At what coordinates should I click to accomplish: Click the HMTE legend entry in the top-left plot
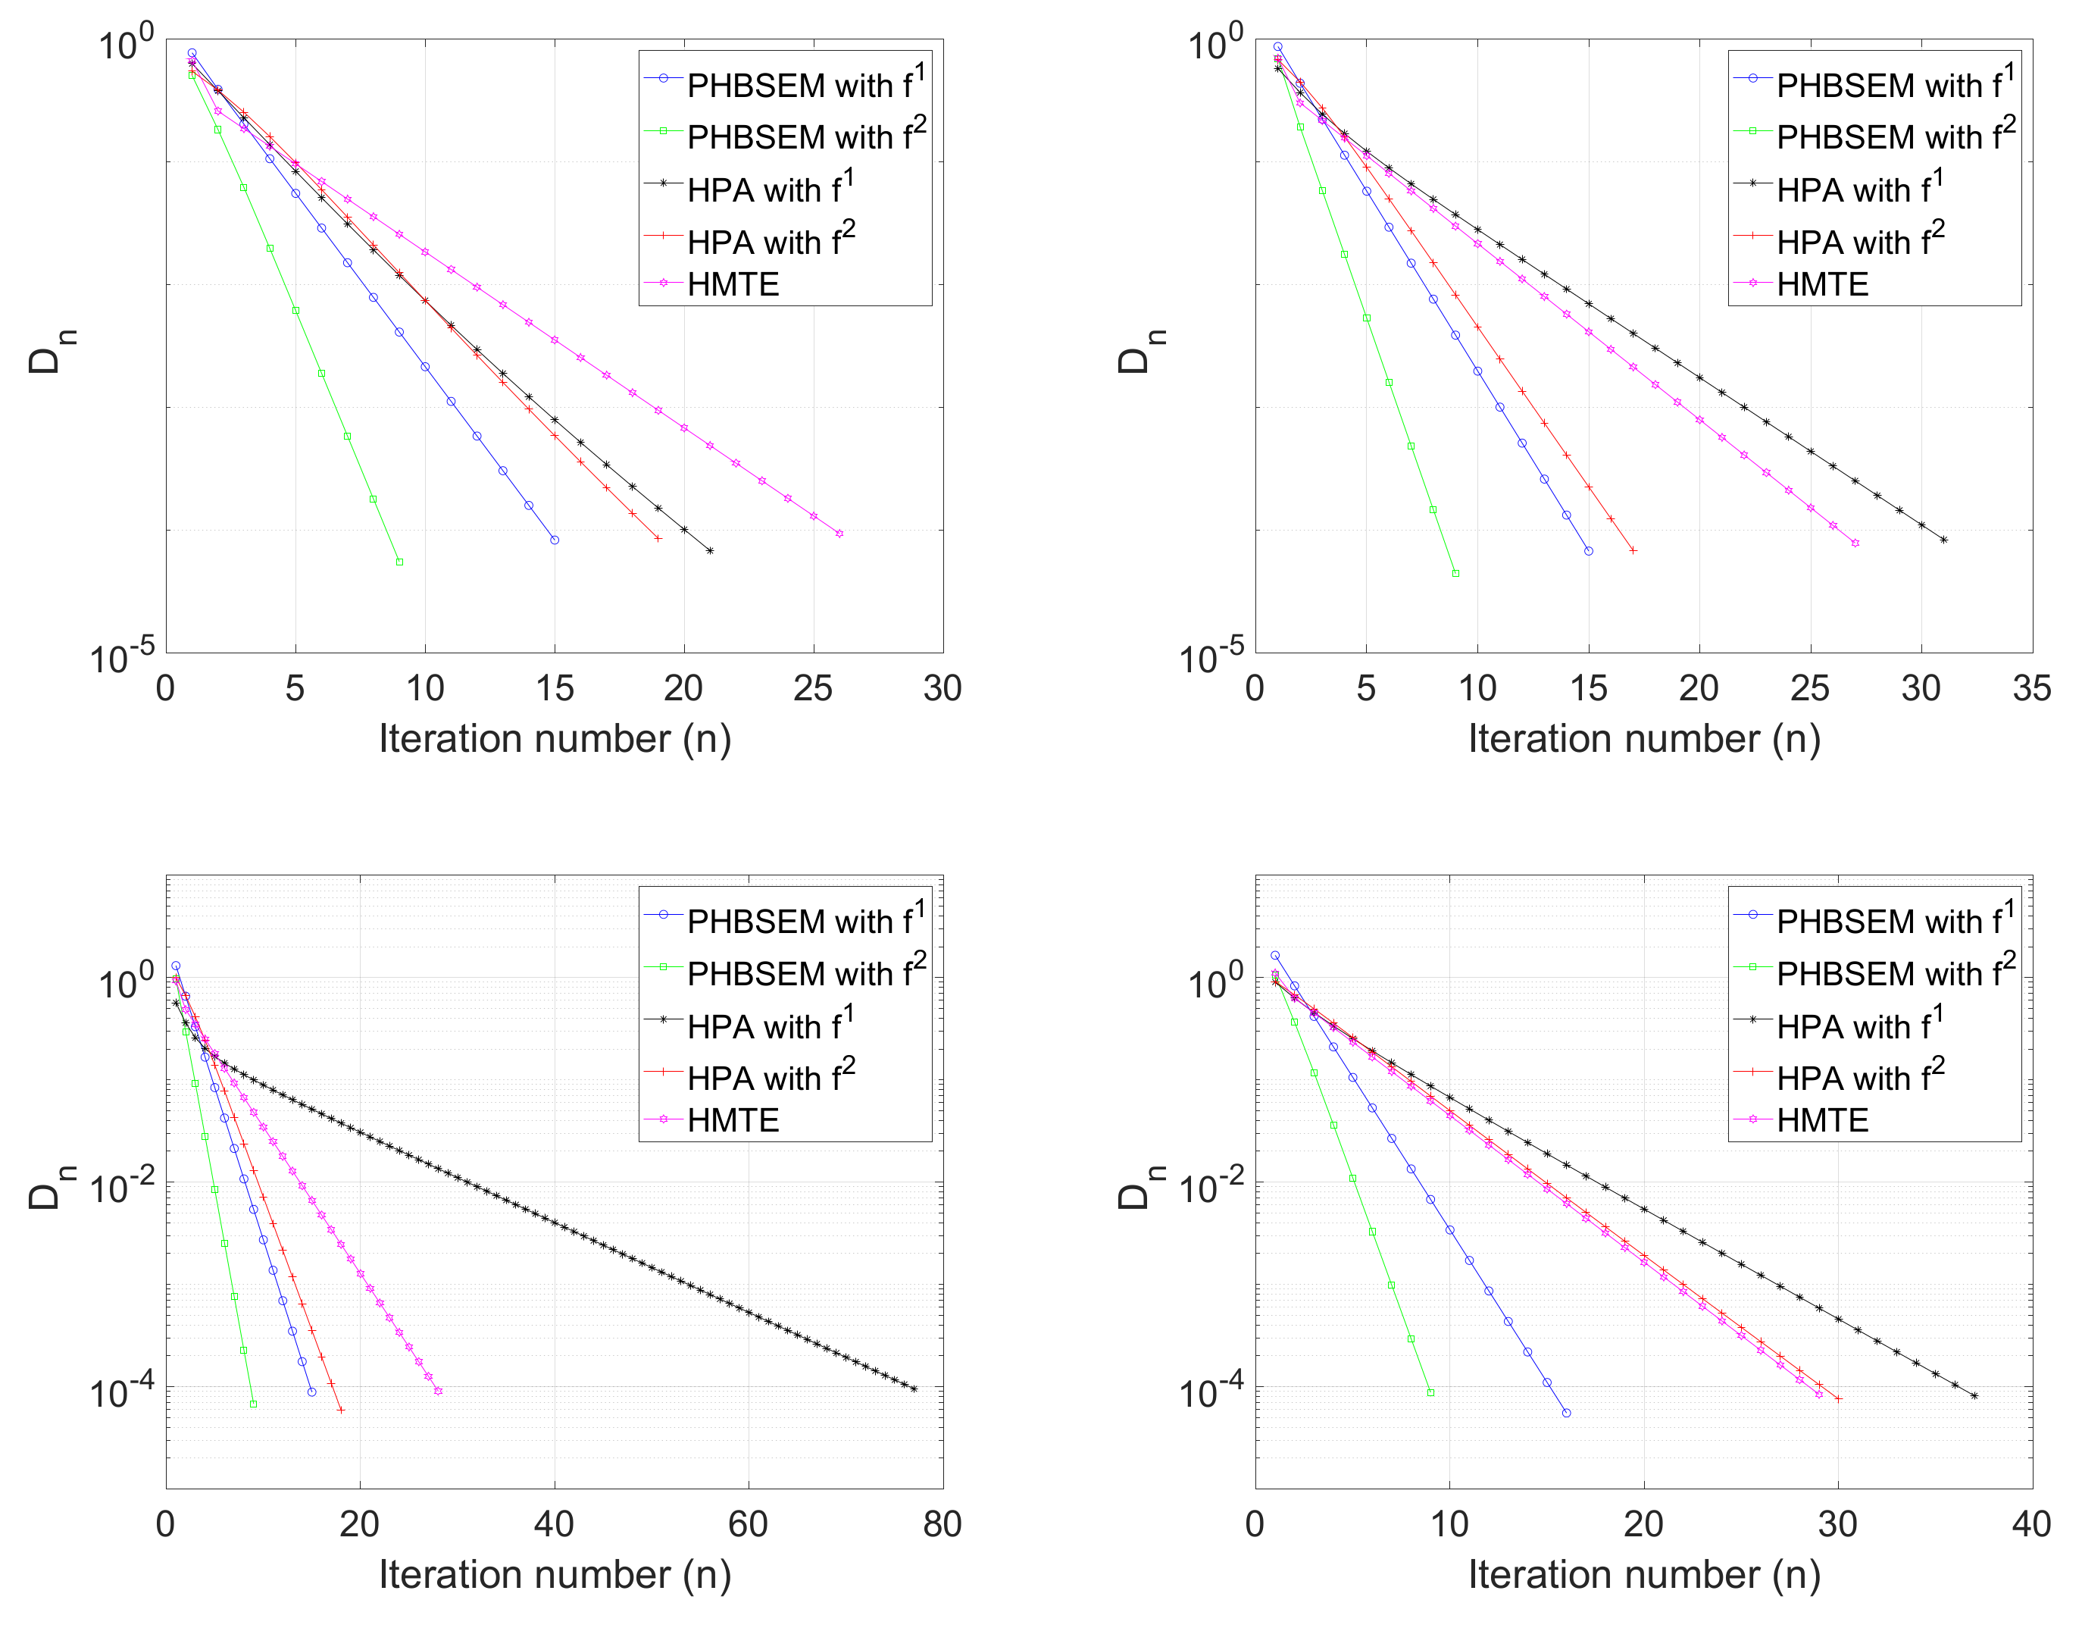(x=732, y=284)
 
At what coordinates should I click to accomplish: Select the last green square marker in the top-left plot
(x=399, y=562)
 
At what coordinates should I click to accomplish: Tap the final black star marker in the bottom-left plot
(x=913, y=1389)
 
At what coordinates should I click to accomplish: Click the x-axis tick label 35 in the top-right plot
(x=2031, y=688)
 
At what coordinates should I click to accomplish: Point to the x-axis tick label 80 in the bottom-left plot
(x=942, y=1524)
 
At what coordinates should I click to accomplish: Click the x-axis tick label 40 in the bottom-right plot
(x=2031, y=1524)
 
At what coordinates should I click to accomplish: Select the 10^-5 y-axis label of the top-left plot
(x=122, y=657)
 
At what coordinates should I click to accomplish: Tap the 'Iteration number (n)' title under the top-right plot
(x=1643, y=739)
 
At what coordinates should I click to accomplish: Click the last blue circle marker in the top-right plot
(x=1588, y=551)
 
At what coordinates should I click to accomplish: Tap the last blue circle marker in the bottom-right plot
(x=1566, y=1412)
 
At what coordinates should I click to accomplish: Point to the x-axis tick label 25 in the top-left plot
(x=812, y=688)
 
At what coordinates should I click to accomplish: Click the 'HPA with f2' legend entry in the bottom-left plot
(x=771, y=1077)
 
